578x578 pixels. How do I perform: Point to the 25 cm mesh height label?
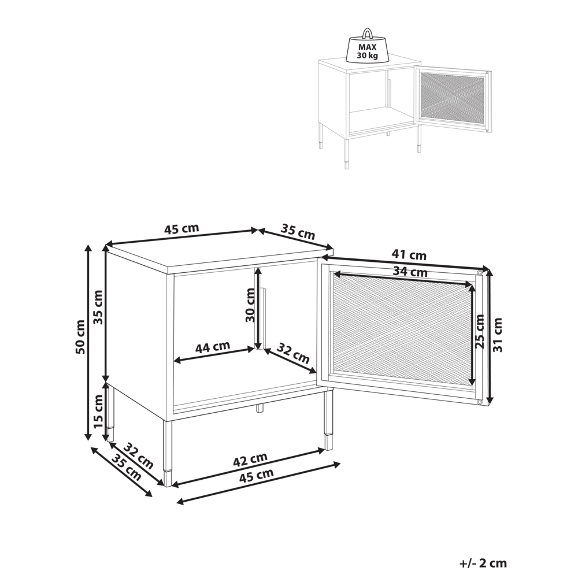479,332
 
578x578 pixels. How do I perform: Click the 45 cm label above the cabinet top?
181,228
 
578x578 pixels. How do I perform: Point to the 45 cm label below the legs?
257,475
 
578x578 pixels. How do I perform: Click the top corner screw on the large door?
480,272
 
